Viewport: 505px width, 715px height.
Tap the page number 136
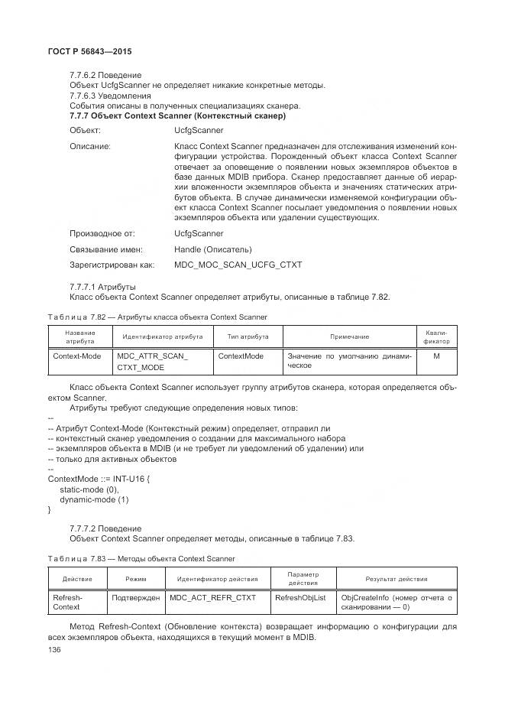54,649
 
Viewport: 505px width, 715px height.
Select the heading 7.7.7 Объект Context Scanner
177,116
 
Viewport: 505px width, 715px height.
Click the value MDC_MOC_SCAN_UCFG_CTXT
238,265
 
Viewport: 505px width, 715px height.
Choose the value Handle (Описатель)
212,249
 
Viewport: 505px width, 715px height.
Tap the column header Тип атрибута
247,336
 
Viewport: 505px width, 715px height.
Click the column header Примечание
349,336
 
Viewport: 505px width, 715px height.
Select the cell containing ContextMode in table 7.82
241,356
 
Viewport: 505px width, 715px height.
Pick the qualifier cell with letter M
435,356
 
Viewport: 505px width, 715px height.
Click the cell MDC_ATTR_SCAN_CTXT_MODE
152,362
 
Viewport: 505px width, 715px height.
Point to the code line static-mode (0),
89,489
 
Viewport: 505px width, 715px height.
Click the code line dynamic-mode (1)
94,499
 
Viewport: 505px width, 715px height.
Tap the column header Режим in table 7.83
135,579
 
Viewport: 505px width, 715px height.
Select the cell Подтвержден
135,597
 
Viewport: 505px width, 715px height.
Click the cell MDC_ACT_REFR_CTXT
213,597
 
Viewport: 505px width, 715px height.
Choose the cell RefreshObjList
300,597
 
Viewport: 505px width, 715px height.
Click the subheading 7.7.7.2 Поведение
105,528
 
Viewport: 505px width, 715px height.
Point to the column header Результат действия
396,579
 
